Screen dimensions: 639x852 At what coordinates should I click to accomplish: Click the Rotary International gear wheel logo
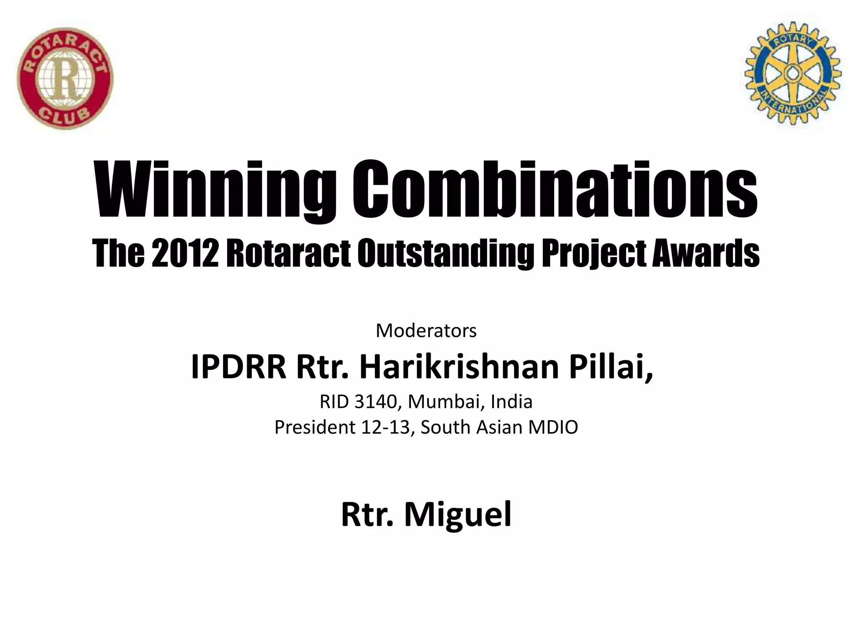tap(793, 73)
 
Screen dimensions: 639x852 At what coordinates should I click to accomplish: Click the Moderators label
tap(426, 331)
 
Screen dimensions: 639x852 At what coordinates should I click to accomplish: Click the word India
tap(512, 402)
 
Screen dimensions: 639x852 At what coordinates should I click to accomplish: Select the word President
tap(315, 427)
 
